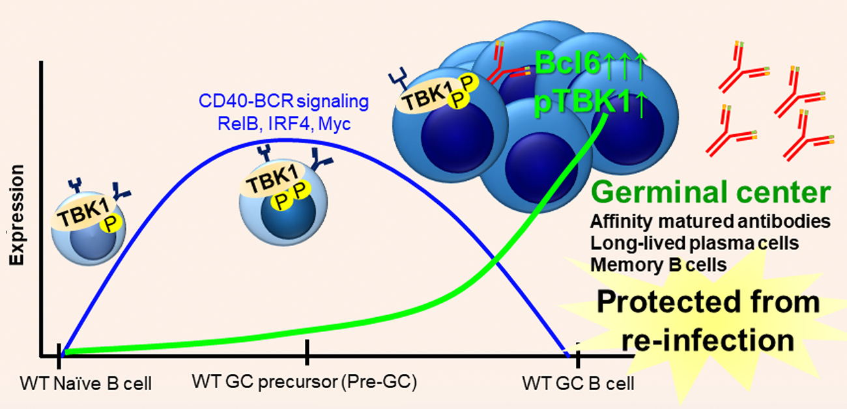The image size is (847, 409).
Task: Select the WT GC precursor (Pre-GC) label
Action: coord(304,381)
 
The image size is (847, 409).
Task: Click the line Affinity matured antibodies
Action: coord(711,221)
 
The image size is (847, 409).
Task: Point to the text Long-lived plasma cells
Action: coord(695,243)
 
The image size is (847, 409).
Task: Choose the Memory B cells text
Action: coord(659,264)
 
